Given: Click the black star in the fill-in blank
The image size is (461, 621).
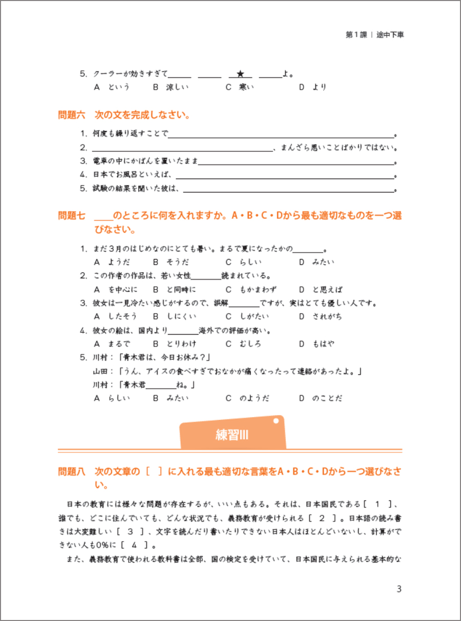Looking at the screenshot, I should (x=240, y=74).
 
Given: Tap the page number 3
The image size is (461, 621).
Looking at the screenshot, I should (x=399, y=589).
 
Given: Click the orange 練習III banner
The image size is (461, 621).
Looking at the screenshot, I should (x=232, y=435).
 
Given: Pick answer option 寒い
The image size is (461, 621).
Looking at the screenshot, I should (x=246, y=87).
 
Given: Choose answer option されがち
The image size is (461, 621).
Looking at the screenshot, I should (x=327, y=316).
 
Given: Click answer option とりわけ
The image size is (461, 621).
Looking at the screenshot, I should (x=181, y=343).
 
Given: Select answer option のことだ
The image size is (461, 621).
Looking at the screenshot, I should (x=327, y=398).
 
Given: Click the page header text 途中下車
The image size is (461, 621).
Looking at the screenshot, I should (x=390, y=35).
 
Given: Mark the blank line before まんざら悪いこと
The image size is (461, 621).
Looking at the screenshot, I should (x=183, y=150).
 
